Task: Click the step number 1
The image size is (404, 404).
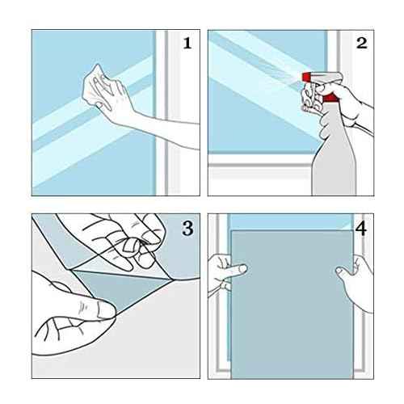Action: (x=187, y=43)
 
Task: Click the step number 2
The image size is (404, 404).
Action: (x=361, y=43)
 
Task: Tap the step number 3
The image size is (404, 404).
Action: (x=187, y=229)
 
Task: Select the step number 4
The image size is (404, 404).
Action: (x=361, y=229)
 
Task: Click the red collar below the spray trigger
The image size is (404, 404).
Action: (x=330, y=98)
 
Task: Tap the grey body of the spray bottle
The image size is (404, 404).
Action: (x=334, y=159)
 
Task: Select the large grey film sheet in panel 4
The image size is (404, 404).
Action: (x=292, y=305)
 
